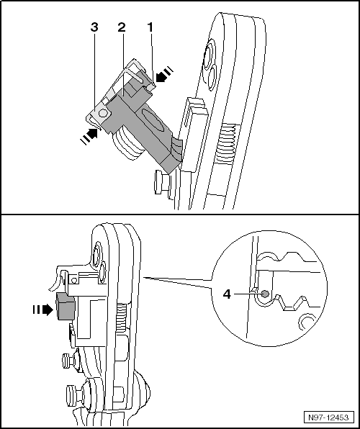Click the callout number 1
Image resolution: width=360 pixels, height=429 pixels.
150,27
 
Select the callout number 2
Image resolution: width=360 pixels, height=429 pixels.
122,27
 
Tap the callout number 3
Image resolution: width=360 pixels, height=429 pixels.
94,27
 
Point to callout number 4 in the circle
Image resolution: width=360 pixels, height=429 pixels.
227,294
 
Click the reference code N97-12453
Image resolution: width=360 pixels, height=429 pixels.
330,417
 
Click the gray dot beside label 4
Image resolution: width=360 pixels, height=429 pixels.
264,294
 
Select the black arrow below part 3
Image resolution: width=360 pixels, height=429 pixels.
89,136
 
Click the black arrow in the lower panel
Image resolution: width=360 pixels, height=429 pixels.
42,310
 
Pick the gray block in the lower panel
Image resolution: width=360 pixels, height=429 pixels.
65,306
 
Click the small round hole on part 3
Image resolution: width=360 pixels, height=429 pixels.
103,113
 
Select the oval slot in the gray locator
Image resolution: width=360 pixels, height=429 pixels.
152,121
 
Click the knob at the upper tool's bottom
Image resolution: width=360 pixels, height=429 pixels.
162,182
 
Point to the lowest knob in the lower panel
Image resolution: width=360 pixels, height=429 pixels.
75,394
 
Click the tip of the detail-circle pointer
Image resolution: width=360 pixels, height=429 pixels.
143,277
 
